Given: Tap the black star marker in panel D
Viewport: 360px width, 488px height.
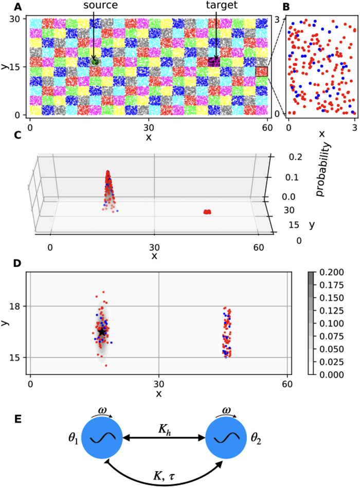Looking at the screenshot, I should (102, 332).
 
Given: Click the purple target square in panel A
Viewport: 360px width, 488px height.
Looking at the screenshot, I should (214, 62).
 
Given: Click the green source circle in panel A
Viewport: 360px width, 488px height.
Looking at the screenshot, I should (95, 61).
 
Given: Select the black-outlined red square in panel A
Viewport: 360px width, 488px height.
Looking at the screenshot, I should (261, 71).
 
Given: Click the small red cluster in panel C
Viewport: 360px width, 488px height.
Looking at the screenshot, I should (207, 211).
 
